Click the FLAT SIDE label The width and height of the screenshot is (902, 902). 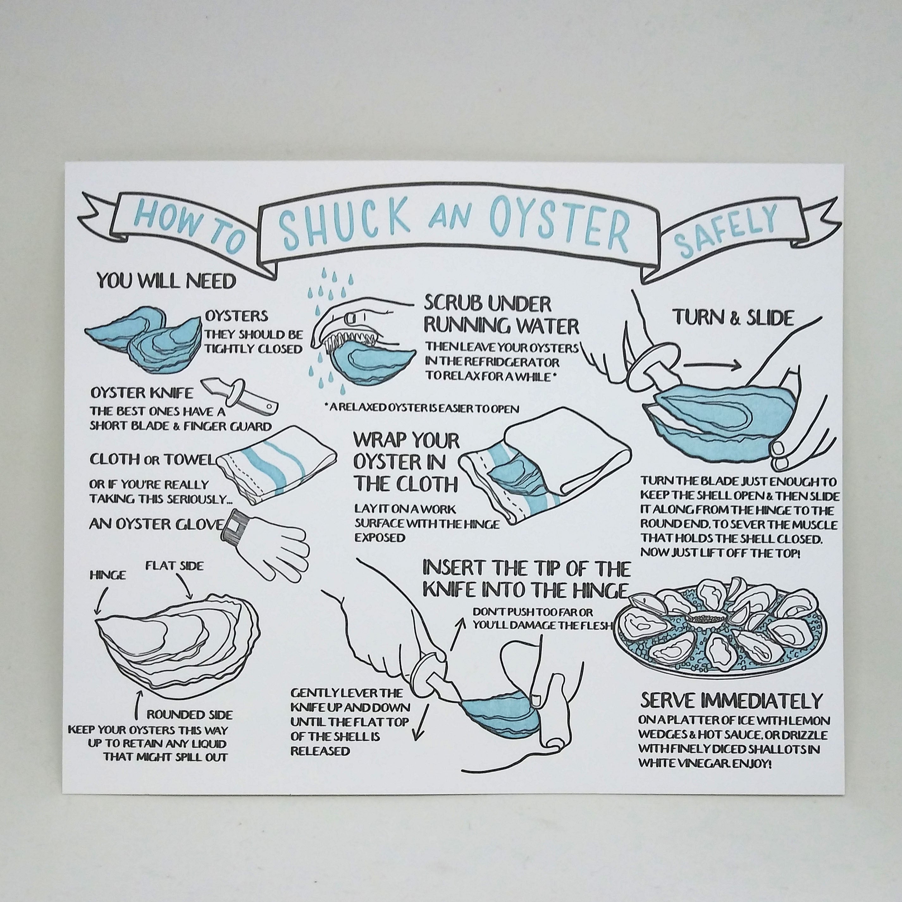point(174,566)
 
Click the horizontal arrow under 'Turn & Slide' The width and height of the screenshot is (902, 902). point(712,365)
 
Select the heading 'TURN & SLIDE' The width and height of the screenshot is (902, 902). point(733,318)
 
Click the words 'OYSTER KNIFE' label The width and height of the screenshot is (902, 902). point(141,392)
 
